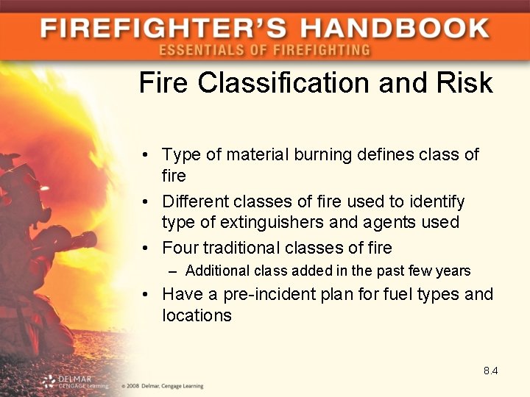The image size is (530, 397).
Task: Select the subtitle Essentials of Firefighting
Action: (264, 50)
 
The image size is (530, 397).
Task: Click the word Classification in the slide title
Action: (283, 83)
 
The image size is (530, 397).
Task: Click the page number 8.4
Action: (490, 371)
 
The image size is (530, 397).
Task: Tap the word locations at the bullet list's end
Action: (197, 316)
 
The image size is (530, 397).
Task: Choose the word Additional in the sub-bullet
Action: (218, 271)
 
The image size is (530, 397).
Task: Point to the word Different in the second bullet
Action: (194, 201)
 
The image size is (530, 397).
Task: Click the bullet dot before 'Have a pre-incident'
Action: (148, 296)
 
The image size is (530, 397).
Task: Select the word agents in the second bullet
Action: (394, 222)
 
